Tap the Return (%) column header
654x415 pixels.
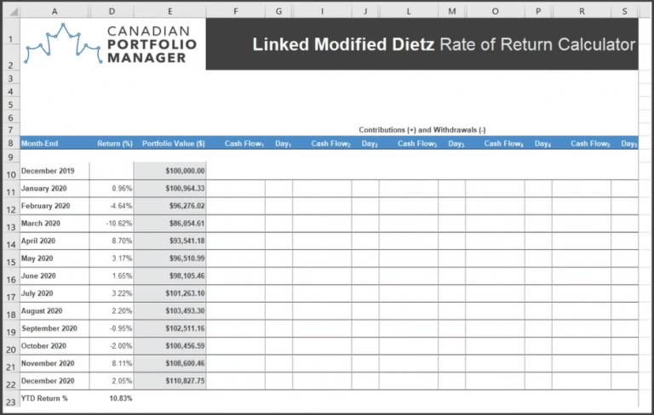pos(115,144)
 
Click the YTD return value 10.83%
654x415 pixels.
pos(121,398)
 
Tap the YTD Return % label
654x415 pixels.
pos(45,398)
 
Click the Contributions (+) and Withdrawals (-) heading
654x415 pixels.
pos(422,129)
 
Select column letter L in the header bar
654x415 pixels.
pos(409,11)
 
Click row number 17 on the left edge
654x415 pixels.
pos(10,297)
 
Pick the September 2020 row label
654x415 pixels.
pos(49,328)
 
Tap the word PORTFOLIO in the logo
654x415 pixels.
pos(152,43)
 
